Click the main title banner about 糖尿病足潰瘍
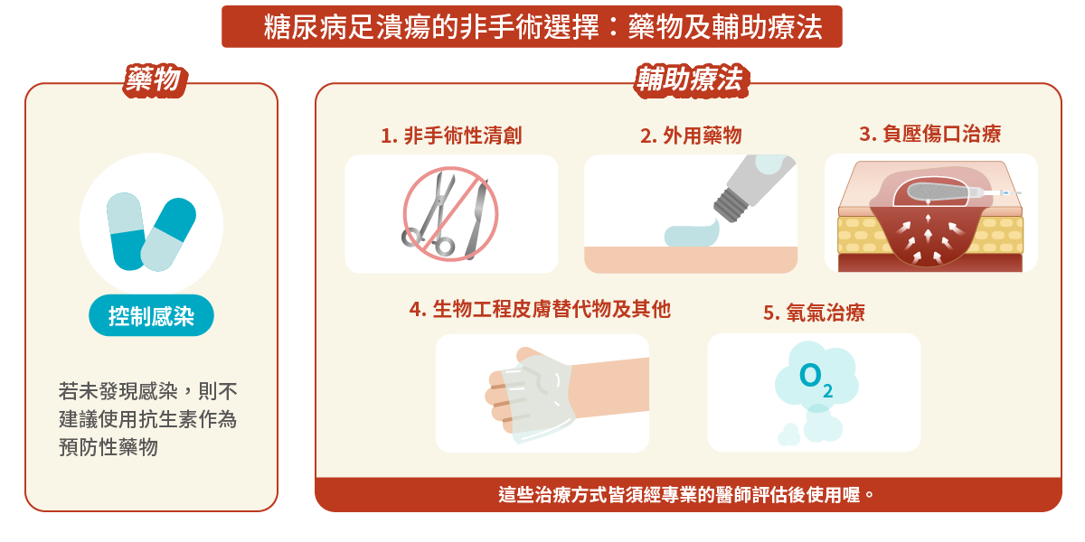(x=532, y=27)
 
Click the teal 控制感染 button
(x=151, y=316)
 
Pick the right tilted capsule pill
(x=169, y=234)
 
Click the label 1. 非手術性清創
(x=451, y=136)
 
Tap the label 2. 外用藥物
(x=691, y=136)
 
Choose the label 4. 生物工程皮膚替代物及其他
(x=540, y=310)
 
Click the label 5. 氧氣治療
(x=814, y=313)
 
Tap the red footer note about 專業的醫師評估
(x=687, y=495)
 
